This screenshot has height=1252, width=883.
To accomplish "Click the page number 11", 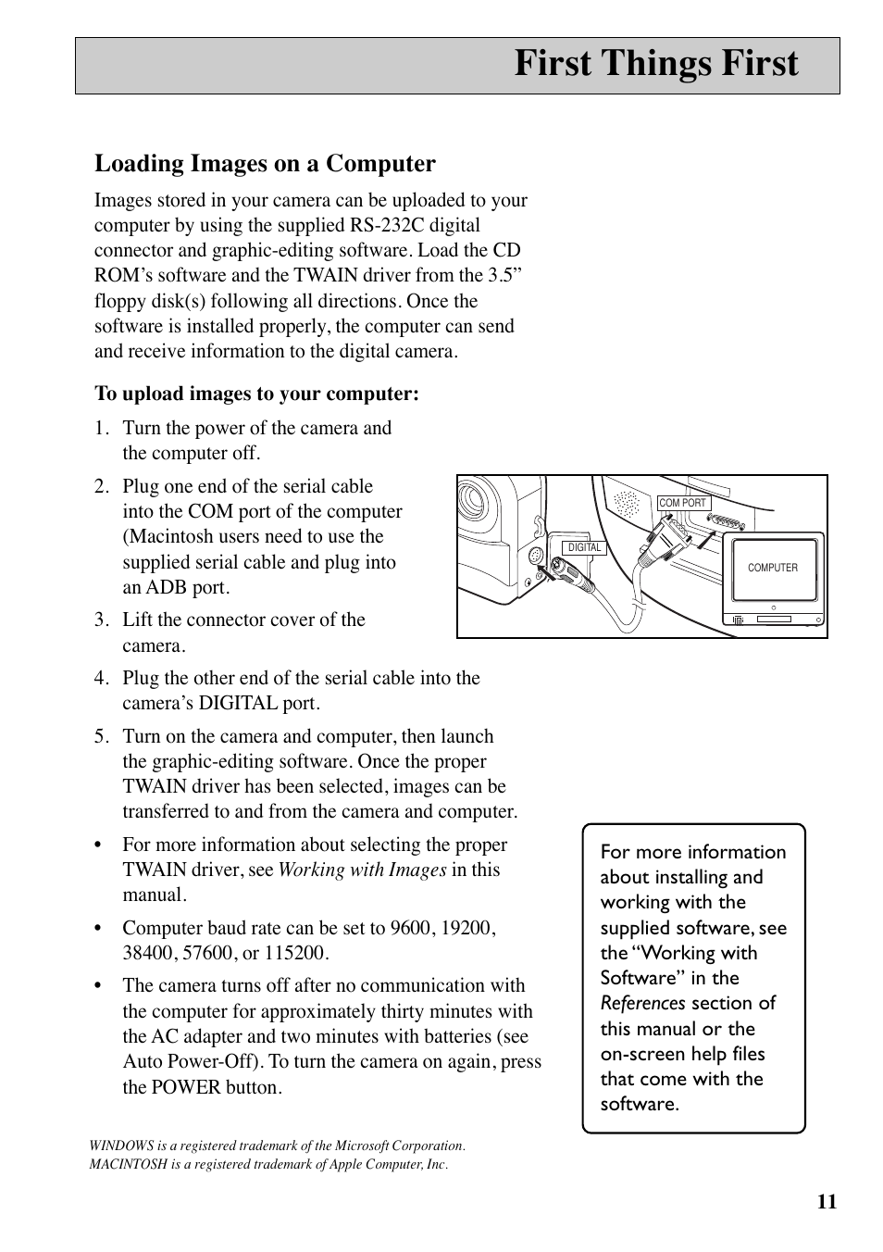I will coord(827,1202).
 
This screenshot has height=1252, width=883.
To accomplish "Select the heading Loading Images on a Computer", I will coord(265,164).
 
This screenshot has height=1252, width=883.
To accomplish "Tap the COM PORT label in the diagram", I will coord(682,504).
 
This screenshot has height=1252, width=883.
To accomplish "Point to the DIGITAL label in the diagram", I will coord(584,547).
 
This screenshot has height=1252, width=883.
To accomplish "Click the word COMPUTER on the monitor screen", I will coord(772,568).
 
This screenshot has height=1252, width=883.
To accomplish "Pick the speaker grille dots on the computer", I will coord(628,504).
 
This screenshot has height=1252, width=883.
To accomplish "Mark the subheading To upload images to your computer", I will coord(256,394).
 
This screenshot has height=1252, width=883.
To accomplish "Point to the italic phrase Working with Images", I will coord(362,870).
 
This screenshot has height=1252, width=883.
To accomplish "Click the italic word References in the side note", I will coord(642,1003).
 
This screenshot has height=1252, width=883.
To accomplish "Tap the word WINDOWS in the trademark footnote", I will coord(123,1146).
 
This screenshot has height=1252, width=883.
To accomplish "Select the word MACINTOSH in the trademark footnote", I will coord(128,1164).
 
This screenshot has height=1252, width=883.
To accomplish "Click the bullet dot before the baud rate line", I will coord(98,928).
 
